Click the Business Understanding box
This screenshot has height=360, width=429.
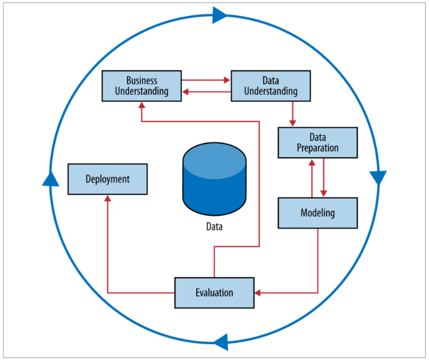141,85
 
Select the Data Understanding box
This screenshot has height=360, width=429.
271,85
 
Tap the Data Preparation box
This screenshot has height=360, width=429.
317,142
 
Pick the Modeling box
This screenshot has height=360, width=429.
317,213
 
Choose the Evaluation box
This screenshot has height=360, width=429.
214,293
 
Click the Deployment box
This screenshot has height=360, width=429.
108,179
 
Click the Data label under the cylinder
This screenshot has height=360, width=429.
214,226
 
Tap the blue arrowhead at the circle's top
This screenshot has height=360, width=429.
220,15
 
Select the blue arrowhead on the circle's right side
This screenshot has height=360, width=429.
378,178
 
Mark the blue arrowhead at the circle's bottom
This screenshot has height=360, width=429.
221,343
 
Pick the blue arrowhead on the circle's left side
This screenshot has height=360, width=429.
51,179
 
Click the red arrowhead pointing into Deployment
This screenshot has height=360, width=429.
108,198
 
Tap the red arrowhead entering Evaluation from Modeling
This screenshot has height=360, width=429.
257,293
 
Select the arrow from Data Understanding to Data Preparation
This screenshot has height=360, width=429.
293,114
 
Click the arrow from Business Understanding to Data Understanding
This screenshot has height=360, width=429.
206,80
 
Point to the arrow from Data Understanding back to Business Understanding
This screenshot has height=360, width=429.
206,91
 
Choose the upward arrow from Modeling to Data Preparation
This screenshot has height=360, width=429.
312,178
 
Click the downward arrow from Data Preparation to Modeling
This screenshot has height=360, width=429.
324,178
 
